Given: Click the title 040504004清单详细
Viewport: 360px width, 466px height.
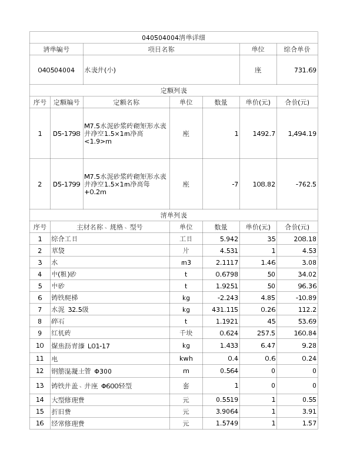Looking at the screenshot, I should [x=174, y=38].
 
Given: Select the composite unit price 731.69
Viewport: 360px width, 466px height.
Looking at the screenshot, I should [x=305, y=70].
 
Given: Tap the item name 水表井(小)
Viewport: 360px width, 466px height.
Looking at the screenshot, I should [x=100, y=70].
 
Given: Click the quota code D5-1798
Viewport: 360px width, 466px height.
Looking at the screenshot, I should [x=66, y=134].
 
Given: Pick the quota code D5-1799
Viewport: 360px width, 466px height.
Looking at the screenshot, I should [x=66, y=184].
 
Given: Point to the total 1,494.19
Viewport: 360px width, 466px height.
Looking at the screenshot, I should [x=302, y=134].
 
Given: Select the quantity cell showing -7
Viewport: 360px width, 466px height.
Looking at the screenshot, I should [x=235, y=184].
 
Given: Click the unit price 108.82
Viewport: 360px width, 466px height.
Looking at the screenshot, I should [x=264, y=184].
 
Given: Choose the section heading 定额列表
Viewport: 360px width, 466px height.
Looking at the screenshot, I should [x=174, y=91].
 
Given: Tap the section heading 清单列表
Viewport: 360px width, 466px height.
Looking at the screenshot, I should [x=174, y=215].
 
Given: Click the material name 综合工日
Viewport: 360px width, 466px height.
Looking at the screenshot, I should [x=64, y=239].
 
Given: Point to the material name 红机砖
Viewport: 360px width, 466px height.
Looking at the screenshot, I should [x=61, y=333].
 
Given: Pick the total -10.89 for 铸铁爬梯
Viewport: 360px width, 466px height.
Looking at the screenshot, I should [x=305, y=298].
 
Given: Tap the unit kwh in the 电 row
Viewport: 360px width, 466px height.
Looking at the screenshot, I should [x=186, y=358].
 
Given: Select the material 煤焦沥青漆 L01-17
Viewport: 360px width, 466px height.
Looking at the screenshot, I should [x=81, y=345].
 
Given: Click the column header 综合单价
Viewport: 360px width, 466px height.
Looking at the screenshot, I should [x=297, y=49].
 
